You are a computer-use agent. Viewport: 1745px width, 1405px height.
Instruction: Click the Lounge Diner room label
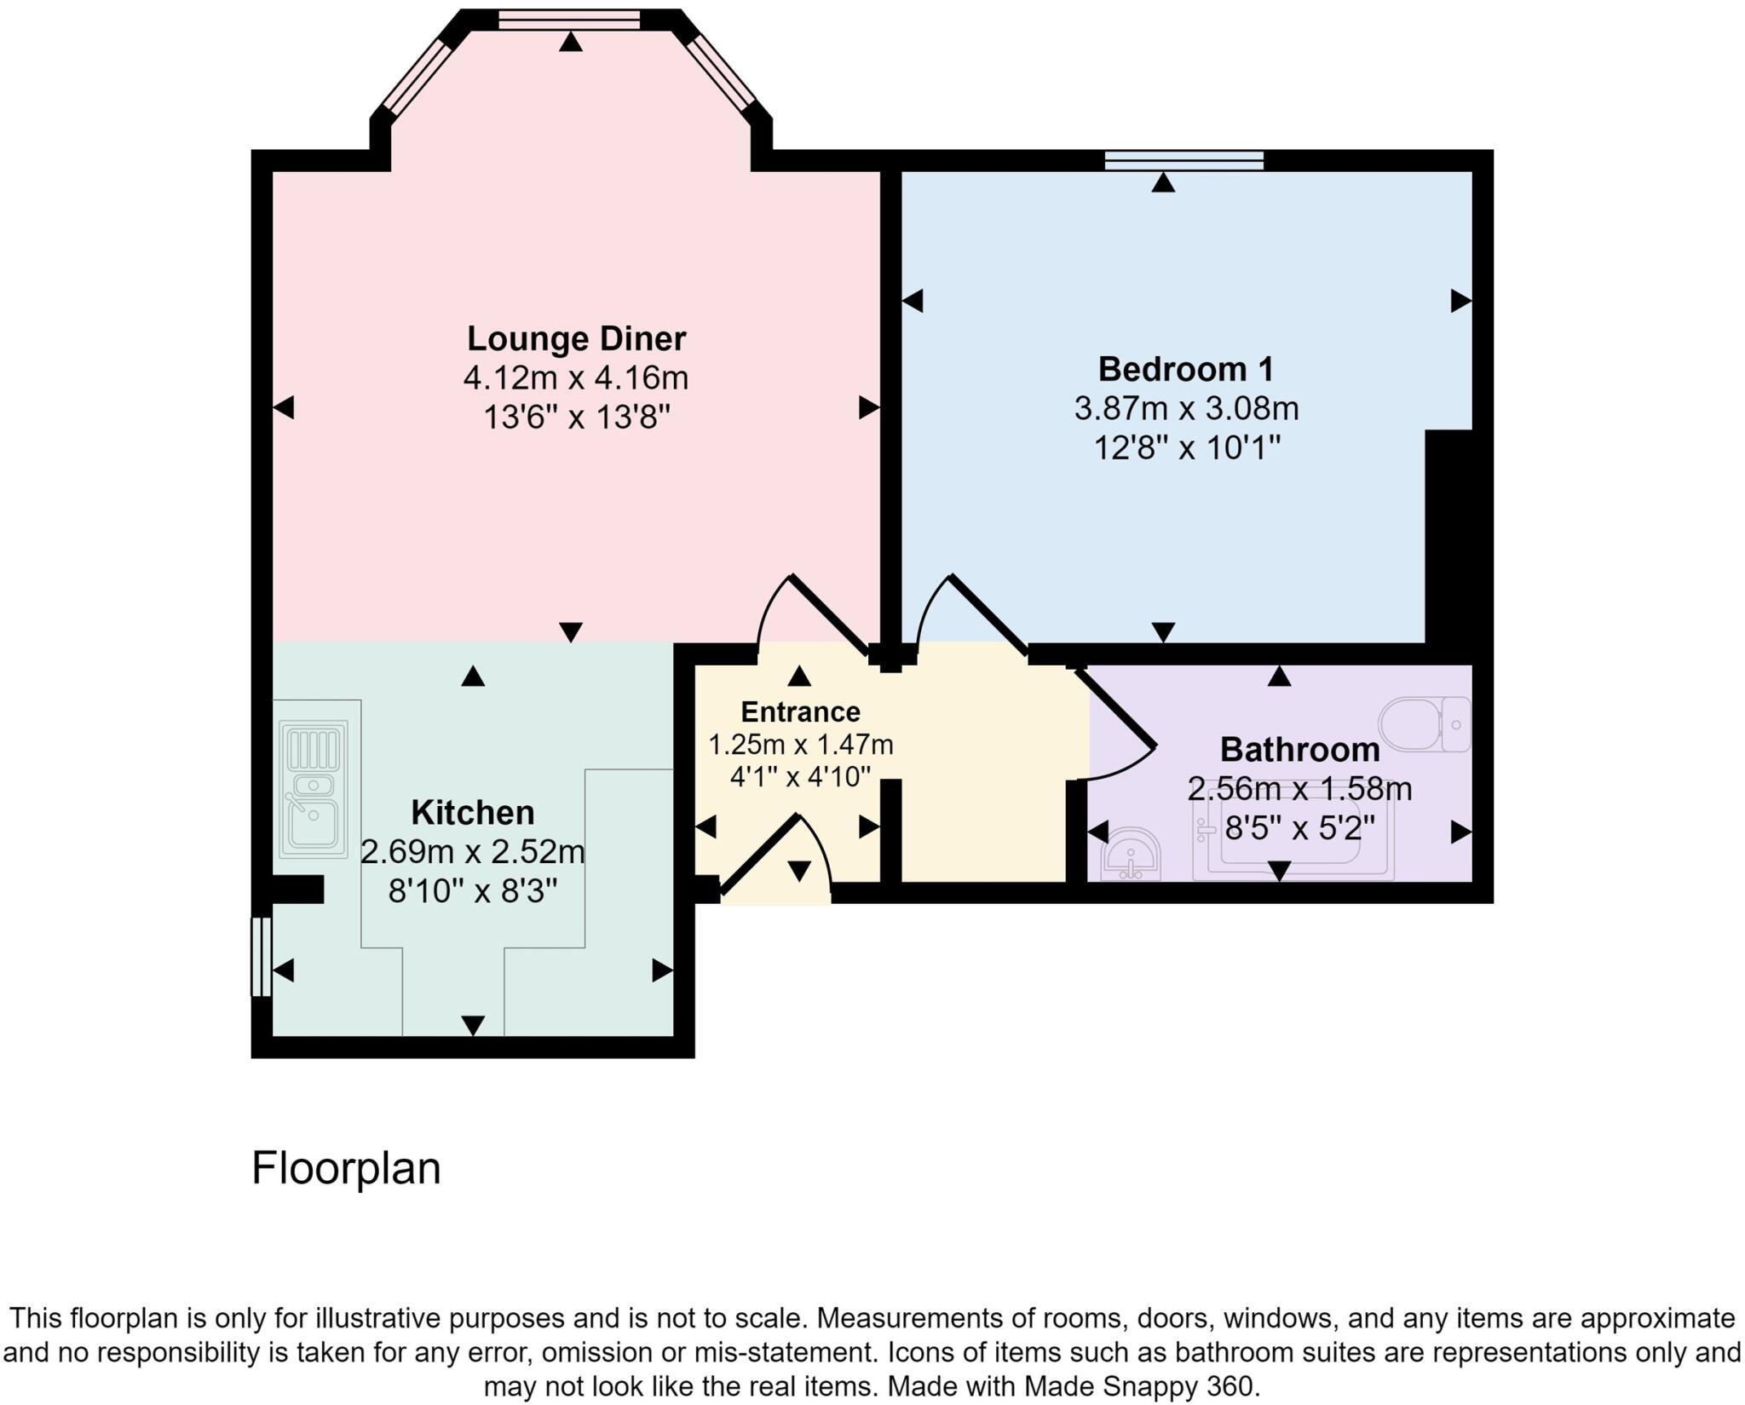[576, 339]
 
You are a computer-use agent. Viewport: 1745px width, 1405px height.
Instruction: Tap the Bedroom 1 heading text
[1185, 370]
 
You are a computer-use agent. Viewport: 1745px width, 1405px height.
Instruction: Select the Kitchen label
[472, 813]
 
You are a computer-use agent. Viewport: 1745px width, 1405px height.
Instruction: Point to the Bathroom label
[1299, 750]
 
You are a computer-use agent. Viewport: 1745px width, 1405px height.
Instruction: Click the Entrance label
[800, 711]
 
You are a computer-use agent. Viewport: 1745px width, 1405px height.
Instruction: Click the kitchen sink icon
[314, 789]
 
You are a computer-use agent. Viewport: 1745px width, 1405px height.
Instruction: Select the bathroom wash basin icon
[1130, 854]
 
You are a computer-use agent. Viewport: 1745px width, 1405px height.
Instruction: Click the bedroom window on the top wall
[1183, 160]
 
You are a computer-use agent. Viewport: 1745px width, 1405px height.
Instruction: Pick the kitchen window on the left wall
[261, 956]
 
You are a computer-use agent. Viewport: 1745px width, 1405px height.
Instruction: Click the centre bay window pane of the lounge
[568, 20]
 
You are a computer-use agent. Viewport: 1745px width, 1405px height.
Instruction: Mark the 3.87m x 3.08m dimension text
[1185, 409]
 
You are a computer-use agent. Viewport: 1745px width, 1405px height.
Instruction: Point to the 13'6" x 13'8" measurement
[576, 417]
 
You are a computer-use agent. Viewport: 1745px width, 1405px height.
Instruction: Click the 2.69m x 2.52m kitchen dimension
[472, 851]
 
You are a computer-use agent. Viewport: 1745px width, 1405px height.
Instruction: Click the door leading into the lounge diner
[830, 614]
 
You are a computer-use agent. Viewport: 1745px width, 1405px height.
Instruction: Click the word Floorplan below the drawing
[346, 1168]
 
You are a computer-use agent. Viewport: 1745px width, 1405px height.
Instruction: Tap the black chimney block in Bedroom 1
[1448, 537]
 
